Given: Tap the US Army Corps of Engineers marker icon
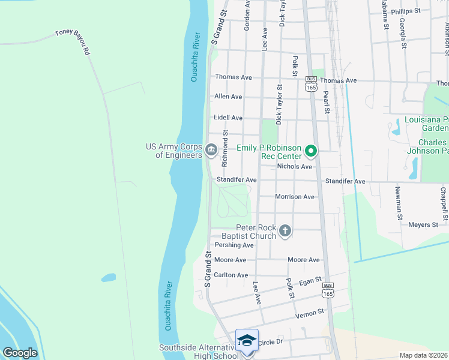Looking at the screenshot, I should click(211, 149).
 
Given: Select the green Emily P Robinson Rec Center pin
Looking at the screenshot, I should click(310, 151).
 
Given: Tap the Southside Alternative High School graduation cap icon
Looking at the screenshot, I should click(247, 341).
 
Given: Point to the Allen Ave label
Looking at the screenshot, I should click(228, 97).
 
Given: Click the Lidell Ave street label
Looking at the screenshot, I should click(228, 118).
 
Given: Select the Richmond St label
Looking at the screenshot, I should click(225, 149).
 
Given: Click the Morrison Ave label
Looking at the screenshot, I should click(294, 197).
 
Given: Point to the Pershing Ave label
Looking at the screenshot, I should click(234, 245).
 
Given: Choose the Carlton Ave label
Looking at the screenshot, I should click(231, 275).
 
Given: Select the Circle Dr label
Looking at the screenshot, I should click(270, 342).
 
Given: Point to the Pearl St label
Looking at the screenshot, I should click(327, 102).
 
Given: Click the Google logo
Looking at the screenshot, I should click(20, 353).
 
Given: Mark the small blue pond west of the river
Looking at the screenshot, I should click(109, 278).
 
